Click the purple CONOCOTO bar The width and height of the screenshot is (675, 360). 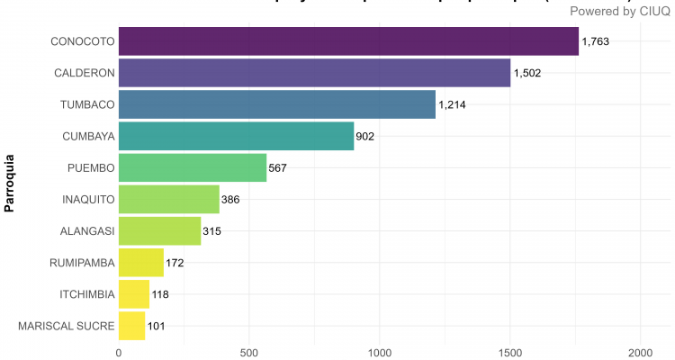point(348,41)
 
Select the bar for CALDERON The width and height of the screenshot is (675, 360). point(314,73)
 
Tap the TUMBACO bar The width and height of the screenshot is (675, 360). point(276,104)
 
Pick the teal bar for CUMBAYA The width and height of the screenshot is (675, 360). point(236,136)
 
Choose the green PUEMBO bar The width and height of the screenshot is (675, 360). point(193,167)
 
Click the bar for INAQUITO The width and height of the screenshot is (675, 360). point(168,199)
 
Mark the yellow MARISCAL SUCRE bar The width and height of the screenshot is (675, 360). point(131,326)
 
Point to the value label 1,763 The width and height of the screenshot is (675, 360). point(596,41)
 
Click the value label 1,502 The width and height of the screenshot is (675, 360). point(527,73)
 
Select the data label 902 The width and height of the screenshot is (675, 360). point(364,137)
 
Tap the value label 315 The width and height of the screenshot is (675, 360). point(211,231)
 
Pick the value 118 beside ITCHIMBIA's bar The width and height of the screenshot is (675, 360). point(159,294)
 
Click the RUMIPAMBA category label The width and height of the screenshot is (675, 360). point(82,263)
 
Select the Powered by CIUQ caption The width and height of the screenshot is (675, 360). point(619,11)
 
